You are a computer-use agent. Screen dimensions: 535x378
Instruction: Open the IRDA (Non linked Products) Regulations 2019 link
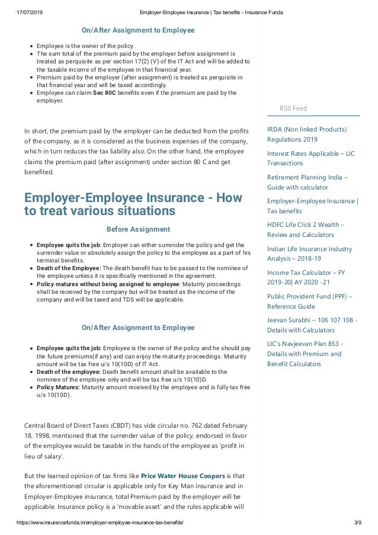(x=307, y=134)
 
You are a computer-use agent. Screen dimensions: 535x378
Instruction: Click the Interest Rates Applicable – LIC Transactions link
(x=311, y=158)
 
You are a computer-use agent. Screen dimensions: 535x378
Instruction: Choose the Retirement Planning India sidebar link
(x=309, y=182)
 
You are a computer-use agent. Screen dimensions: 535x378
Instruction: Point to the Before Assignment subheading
(x=137, y=229)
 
